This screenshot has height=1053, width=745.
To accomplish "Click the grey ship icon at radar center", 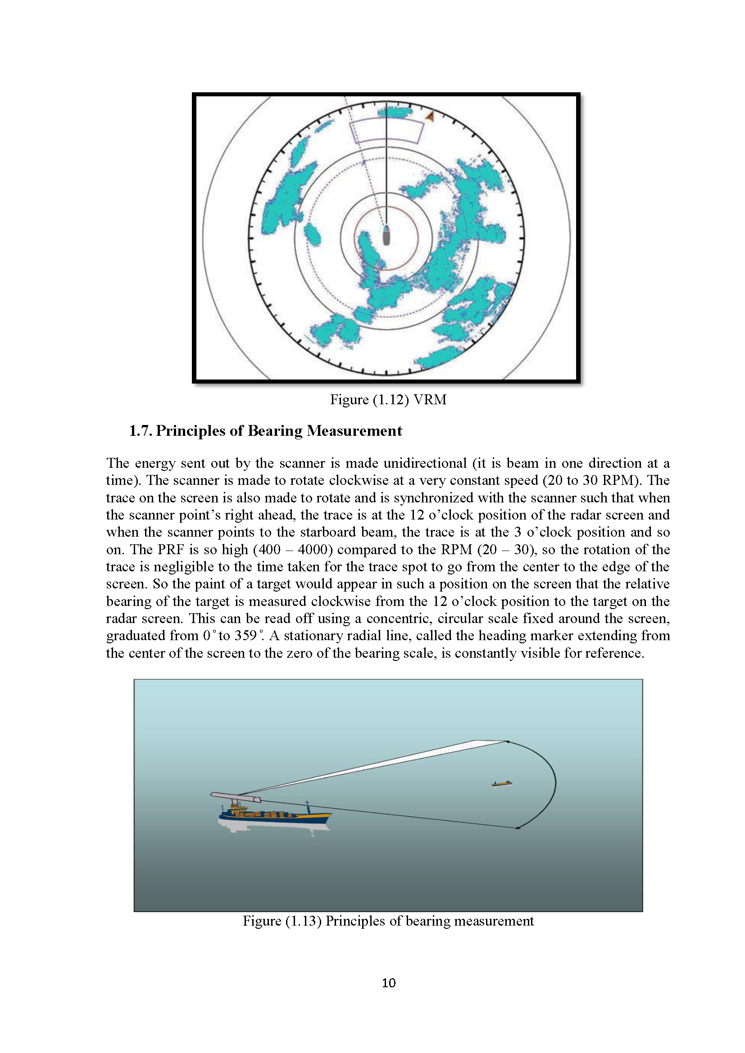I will click(x=386, y=236).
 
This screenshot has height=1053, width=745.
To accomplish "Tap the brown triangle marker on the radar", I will click(x=430, y=117).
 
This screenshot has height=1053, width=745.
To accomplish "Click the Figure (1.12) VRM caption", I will click(x=388, y=399).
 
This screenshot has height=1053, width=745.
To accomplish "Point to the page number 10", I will click(x=389, y=982).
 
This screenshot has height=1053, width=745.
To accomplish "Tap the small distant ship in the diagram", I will click(x=501, y=783).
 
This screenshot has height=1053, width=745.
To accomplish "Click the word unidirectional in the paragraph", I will click(x=406, y=463).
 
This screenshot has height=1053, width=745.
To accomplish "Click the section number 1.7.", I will click(x=141, y=431).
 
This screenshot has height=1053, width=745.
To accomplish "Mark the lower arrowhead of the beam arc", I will click(x=519, y=828).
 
